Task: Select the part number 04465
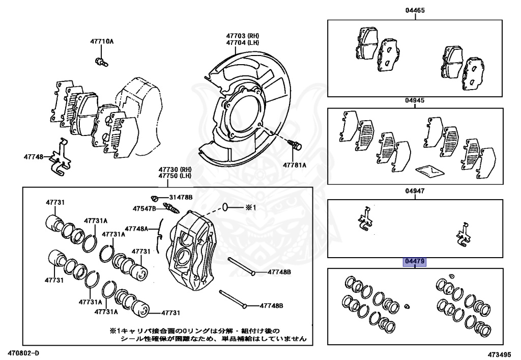point(415,10)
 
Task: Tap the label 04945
point(415,100)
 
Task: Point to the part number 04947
point(415,192)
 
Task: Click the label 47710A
point(102,41)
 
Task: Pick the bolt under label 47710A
point(100,62)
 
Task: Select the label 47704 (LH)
point(243,43)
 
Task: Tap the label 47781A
point(295,164)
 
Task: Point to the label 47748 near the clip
point(33,157)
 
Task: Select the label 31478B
point(181,198)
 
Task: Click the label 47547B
point(144,208)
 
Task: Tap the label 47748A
point(136,229)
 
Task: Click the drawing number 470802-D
point(23,352)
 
